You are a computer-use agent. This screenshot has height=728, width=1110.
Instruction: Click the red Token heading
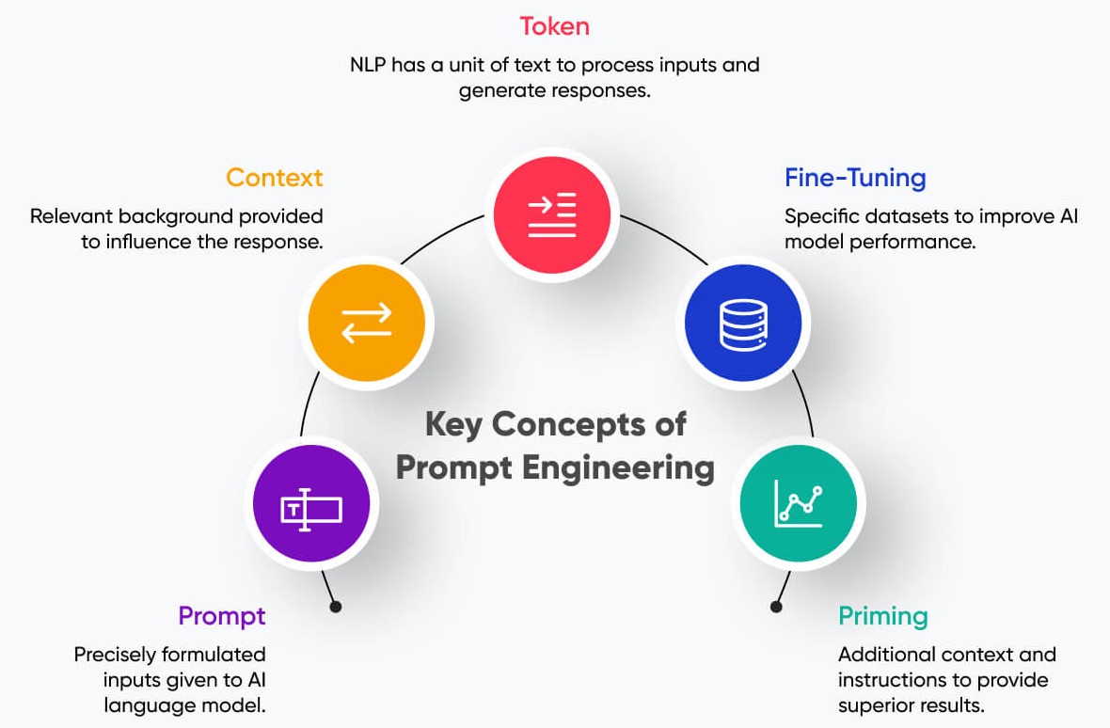tap(554, 26)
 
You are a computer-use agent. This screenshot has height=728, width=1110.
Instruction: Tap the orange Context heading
tap(274, 177)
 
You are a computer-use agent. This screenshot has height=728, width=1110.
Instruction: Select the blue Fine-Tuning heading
tap(855, 177)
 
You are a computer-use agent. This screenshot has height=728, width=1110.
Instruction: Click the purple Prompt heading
tap(222, 616)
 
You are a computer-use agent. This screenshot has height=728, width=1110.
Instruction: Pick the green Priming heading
tap(882, 616)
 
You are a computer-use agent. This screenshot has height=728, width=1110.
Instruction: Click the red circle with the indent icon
tap(552, 215)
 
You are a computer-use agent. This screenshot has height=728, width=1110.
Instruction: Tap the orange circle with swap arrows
tap(367, 323)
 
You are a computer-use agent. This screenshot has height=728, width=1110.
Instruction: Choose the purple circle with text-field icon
tap(311, 509)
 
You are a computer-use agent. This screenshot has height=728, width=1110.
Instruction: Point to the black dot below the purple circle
tap(336, 607)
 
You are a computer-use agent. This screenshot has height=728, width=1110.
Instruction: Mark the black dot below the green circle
tap(776, 607)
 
